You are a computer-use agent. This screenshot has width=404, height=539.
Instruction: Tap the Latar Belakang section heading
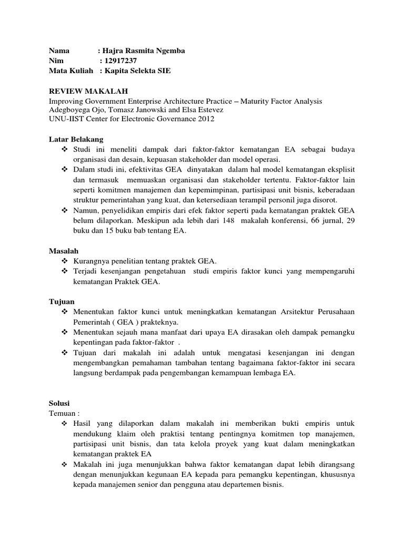[73, 139]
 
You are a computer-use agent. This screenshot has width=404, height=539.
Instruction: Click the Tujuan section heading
[62, 302]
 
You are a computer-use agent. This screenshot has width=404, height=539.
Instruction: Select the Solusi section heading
[59, 403]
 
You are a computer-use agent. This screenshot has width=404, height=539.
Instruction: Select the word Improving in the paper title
[66, 101]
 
